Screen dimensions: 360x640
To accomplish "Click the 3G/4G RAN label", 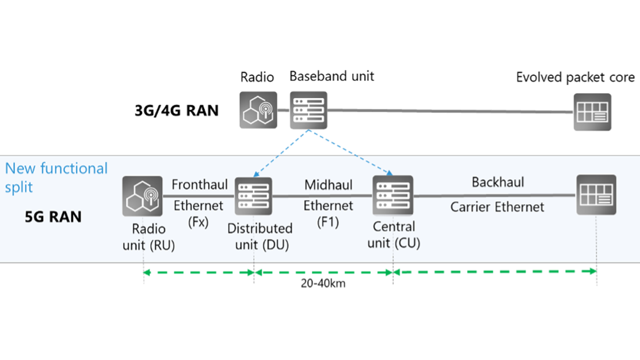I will coord(176,110).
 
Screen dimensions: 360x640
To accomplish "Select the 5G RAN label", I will coord(53,216).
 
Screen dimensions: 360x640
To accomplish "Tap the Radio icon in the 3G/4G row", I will coord(258,110).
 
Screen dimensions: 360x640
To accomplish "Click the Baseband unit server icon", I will coord(309,110).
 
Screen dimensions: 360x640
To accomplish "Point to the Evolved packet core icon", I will coord(592,112).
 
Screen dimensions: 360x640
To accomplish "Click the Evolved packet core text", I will coord(575,78).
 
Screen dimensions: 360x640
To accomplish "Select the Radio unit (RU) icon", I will coord(143,196).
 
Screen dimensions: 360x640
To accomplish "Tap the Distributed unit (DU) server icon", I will coord(254,196).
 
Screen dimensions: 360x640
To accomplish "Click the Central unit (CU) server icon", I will coord(392,195).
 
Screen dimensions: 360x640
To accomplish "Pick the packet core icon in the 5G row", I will coord(596,195).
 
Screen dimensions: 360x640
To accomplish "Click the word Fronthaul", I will coord(199,185).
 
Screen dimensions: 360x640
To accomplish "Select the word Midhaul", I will coord(328,185).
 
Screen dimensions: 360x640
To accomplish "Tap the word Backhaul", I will coord(497,182).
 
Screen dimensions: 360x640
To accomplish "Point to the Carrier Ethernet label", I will coord(497,207).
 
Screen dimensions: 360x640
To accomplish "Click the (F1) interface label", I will coord(328,223).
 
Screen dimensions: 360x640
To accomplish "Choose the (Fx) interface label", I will coord(199,223).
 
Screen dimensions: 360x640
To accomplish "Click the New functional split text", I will coord(56,177).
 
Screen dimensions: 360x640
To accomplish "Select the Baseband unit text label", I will coord(332,76).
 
